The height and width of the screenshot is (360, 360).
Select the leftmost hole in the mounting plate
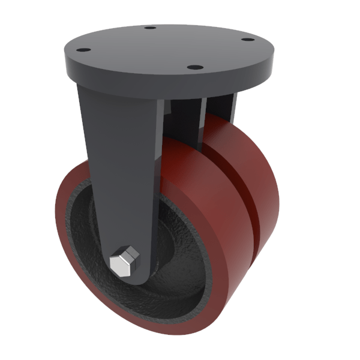85,50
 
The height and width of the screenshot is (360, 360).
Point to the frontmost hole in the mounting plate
193,67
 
